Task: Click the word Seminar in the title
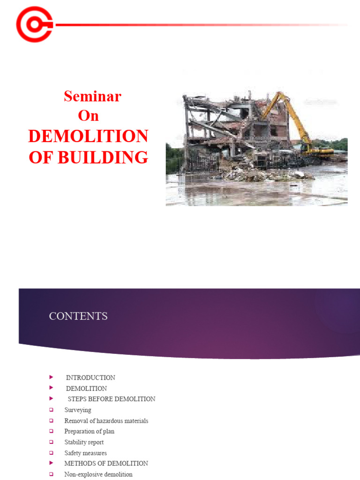point(92,96)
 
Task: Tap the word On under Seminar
point(88,115)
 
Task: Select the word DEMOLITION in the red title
point(88,136)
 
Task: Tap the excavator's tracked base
point(319,151)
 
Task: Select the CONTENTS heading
point(78,316)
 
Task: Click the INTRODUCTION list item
point(90,378)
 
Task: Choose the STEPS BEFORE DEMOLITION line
point(112,399)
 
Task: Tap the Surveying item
point(78,410)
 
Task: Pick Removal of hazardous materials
point(106,421)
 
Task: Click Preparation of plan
point(90,432)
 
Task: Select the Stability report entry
point(84,442)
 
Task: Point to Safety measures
point(85,453)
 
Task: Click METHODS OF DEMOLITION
point(106,464)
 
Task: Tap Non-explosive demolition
point(98,474)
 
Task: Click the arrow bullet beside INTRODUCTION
point(51,377)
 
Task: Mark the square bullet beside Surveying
point(51,410)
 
